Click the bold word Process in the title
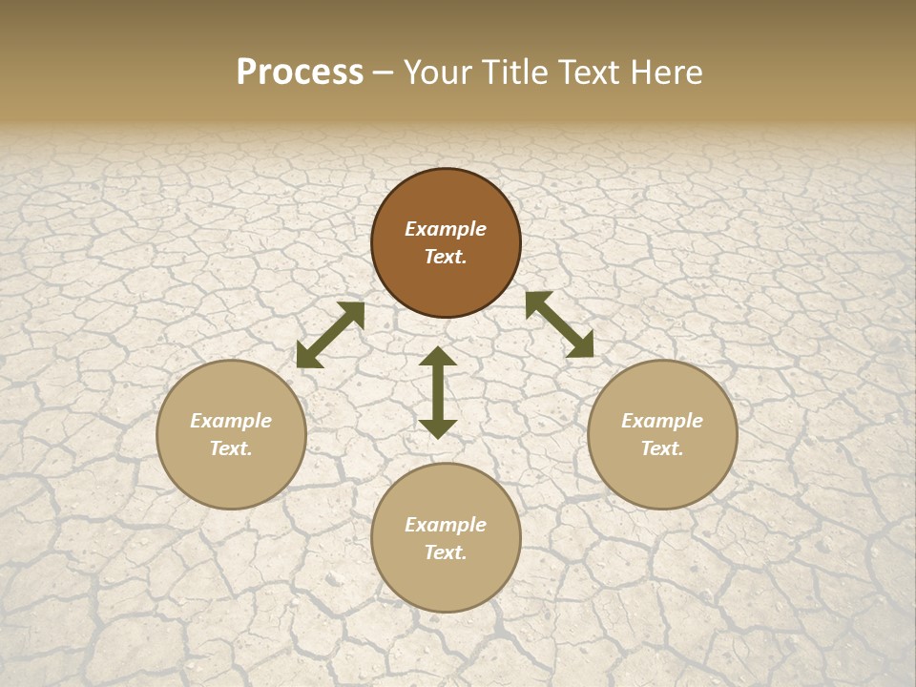(x=300, y=73)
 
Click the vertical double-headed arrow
(x=438, y=392)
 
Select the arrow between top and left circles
(x=330, y=335)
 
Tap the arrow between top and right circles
(x=559, y=324)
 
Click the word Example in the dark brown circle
(x=446, y=229)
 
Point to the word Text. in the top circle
(x=446, y=257)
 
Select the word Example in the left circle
(x=231, y=421)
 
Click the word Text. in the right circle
(x=662, y=448)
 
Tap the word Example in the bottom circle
(x=446, y=525)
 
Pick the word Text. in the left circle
(x=231, y=448)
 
